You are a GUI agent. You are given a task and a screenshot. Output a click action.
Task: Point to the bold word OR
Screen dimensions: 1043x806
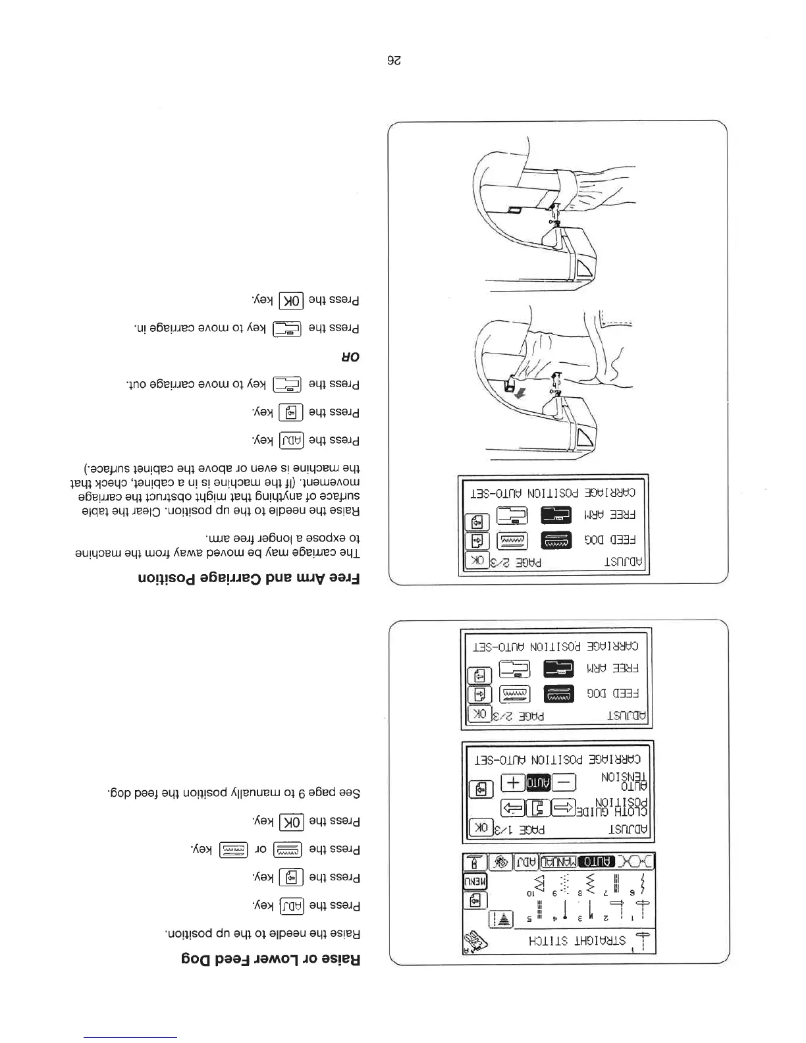(x=351, y=357)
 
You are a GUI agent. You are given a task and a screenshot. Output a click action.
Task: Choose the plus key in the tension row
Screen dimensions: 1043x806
(x=514, y=782)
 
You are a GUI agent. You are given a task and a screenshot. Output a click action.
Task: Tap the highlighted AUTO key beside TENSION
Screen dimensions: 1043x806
(x=538, y=782)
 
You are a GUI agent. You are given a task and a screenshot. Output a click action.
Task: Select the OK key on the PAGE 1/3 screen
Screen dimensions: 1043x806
(x=479, y=828)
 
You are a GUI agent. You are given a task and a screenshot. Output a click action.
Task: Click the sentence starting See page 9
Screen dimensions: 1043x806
(x=234, y=793)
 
